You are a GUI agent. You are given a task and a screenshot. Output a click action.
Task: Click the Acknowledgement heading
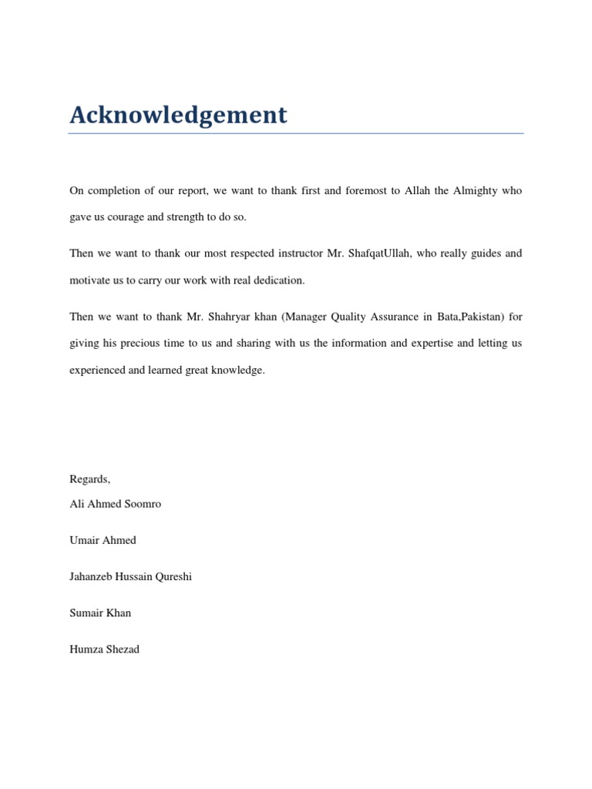[x=178, y=115]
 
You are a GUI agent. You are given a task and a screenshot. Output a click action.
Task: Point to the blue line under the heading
[x=295, y=134]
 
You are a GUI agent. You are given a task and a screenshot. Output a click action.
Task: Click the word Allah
[x=416, y=190]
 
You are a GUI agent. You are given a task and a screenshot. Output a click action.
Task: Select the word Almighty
[x=475, y=190]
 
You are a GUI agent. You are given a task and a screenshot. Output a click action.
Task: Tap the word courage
[x=123, y=217]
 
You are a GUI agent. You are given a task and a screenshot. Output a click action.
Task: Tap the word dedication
[x=278, y=280]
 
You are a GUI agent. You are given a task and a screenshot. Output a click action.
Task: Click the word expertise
[x=432, y=344]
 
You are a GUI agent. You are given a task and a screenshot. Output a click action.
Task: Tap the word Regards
[x=89, y=479]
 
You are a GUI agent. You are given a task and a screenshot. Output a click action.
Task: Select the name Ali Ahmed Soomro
[x=116, y=504]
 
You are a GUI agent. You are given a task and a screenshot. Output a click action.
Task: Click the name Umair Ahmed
[x=103, y=540]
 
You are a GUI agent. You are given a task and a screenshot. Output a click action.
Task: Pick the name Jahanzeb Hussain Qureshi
[x=130, y=576]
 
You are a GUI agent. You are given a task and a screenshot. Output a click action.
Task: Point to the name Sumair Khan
[x=100, y=613]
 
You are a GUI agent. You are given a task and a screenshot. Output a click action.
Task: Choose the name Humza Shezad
[x=104, y=649]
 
